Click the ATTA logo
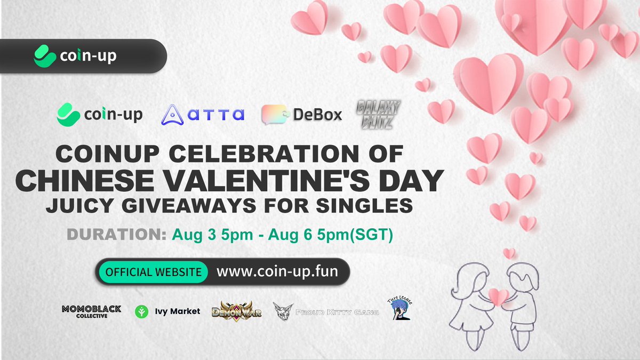tap(203, 114)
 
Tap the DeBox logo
tap(301, 114)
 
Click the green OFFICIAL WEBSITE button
tap(152, 271)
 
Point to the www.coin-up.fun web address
tap(277, 271)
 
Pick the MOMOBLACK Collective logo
tap(92, 311)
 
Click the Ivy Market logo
tap(167, 311)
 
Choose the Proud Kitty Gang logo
tap(325, 311)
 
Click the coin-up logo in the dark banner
tap(75, 55)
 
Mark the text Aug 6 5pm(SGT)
tap(349, 235)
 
